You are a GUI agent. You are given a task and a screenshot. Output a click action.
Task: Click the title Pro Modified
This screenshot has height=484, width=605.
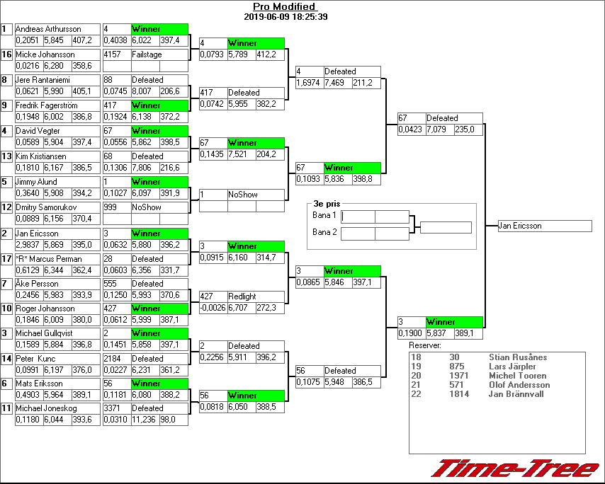pyautogui.click(x=284, y=7)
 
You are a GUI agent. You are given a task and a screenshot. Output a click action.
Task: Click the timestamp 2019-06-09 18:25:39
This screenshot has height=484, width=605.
pyautogui.click(x=285, y=17)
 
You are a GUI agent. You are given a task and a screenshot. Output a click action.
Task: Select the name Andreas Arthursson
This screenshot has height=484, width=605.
pyautogui.click(x=47, y=29)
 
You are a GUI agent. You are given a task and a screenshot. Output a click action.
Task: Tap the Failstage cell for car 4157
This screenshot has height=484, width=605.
pyautogui.click(x=147, y=54)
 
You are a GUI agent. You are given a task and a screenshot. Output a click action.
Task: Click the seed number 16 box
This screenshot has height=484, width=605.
pyautogui.click(x=7, y=54)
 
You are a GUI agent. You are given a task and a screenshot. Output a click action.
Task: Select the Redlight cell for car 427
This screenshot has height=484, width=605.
pyautogui.click(x=242, y=296)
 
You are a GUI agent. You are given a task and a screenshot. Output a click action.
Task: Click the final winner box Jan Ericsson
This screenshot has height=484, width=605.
pyautogui.click(x=544, y=226)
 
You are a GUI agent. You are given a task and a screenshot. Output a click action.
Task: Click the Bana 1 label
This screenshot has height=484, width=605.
pyautogui.click(x=324, y=214)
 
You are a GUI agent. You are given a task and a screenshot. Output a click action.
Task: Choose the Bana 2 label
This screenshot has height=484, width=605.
pyautogui.click(x=324, y=231)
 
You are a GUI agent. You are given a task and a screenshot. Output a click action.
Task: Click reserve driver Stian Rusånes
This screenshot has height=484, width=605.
pyautogui.click(x=518, y=357)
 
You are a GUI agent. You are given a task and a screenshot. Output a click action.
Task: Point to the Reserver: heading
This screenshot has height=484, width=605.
pyautogui.click(x=425, y=345)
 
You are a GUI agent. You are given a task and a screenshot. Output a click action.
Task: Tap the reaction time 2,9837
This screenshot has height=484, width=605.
pyautogui.click(x=28, y=246)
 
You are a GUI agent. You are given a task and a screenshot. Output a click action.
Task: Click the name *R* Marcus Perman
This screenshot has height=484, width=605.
pyautogui.click(x=48, y=259)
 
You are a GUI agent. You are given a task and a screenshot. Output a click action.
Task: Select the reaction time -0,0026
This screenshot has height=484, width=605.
pyautogui.click(x=213, y=309)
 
